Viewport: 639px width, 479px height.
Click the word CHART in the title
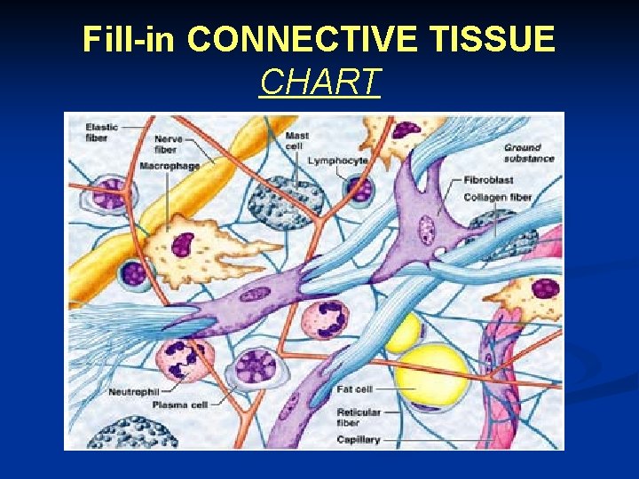coord(319,82)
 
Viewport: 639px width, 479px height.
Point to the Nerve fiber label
coord(169,144)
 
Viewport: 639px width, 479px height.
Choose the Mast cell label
coord(297,140)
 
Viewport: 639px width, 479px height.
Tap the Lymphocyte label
coord(337,161)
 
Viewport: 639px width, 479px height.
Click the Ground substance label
coord(529,153)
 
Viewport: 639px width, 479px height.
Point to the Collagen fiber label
coord(498,197)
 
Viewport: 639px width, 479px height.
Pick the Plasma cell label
coord(181,404)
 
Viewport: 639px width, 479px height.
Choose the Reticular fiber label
coord(359,417)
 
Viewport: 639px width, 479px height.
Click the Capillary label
coord(359,439)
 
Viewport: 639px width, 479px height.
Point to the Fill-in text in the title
coord(130,40)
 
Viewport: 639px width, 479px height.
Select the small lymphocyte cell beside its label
coord(359,189)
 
